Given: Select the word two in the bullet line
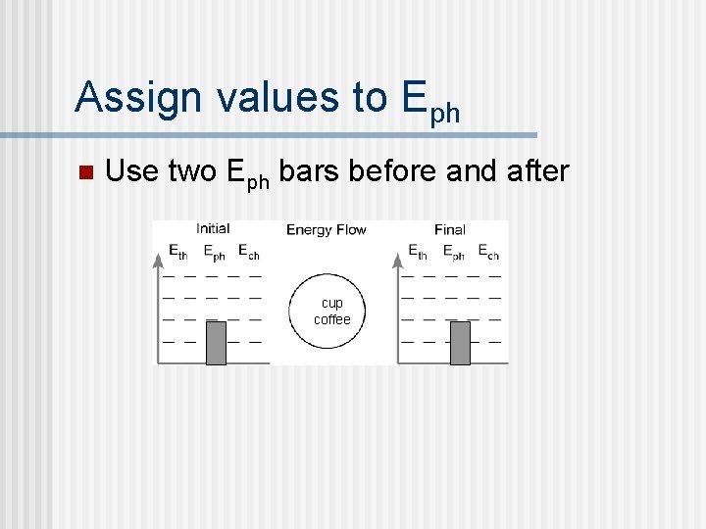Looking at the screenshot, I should point(193,171).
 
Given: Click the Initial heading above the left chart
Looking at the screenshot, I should point(213,229).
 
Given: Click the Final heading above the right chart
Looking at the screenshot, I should point(449,230).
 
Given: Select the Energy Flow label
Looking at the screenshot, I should point(327,230).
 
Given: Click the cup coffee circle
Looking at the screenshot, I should point(331,312).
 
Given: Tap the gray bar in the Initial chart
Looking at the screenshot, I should point(217,342).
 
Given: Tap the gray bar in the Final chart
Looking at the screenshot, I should point(460,342).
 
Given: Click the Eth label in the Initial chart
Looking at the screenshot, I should point(177,253).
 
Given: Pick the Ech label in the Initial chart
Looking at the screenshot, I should point(248,253).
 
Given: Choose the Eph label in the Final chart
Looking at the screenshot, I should point(453,253).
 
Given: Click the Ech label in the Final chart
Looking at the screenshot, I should point(488,253).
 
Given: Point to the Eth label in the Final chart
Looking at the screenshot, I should point(418,253).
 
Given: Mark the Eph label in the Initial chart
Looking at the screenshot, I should point(214,253).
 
